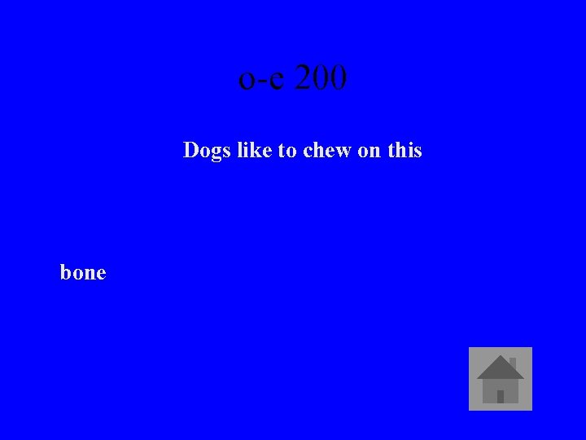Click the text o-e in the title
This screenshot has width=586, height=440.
pyautogui.click(x=262, y=80)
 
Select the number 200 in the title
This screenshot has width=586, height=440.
pyautogui.click(x=321, y=78)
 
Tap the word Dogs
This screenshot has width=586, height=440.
pyautogui.click(x=205, y=151)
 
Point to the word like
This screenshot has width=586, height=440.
pyautogui.click(x=251, y=150)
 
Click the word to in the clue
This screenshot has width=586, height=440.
pyautogui.click(x=287, y=151)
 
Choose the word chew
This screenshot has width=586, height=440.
pyautogui.click(x=327, y=150)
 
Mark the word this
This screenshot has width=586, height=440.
pyautogui.click(x=405, y=150)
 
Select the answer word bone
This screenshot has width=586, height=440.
pyautogui.click(x=83, y=273)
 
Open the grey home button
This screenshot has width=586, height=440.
pyautogui.click(x=501, y=379)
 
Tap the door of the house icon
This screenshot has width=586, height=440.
pyautogui.click(x=501, y=396)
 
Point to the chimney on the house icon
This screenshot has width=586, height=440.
pyautogui.click(x=512, y=363)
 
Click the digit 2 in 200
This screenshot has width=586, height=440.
pyautogui.click(x=303, y=78)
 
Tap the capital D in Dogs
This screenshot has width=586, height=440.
pyautogui.click(x=191, y=150)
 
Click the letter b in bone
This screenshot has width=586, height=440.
pyautogui.click(x=66, y=272)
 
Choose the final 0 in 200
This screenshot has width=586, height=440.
pyautogui.click(x=339, y=78)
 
